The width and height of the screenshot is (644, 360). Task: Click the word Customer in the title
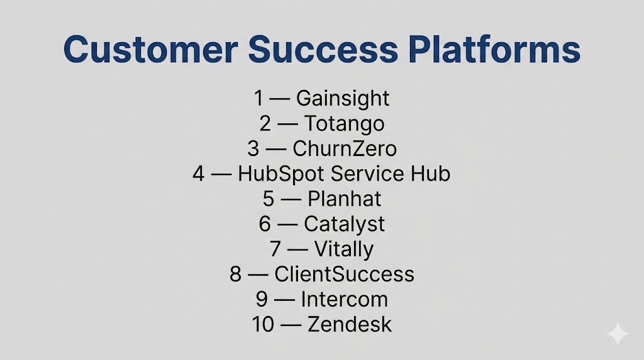pyautogui.click(x=151, y=49)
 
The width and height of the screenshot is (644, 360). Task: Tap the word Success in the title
pyautogui.click(x=323, y=49)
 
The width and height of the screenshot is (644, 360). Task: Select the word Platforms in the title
pyautogui.click(x=494, y=49)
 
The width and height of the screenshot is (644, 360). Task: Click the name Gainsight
pyautogui.click(x=343, y=99)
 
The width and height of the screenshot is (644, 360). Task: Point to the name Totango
pyautogui.click(x=344, y=124)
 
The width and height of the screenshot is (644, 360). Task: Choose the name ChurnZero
pyautogui.click(x=345, y=149)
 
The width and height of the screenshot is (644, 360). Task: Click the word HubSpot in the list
pyautogui.click(x=282, y=174)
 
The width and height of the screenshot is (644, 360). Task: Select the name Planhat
pyautogui.click(x=344, y=199)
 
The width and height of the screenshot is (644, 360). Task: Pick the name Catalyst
pyautogui.click(x=344, y=225)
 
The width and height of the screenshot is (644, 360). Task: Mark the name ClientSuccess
pyautogui.click(x=344, y=274)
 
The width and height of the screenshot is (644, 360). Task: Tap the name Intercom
pyautogui.click(x=344, y=299)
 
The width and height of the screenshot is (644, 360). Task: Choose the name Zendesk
pyautogui.click(x=350, y=324)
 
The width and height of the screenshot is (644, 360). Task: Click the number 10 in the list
pyautogui.click(x=263, y=325)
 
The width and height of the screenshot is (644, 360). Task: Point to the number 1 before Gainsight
pyautogui.click(x=258, y=98)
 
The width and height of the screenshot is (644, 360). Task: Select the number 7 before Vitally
pyautogui.click(x=275, y=249)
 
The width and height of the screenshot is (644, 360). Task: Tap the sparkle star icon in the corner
pyautogui.click(x=618, y=334)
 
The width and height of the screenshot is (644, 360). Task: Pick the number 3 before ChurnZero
pyautogui.click(x=253, y=149)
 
